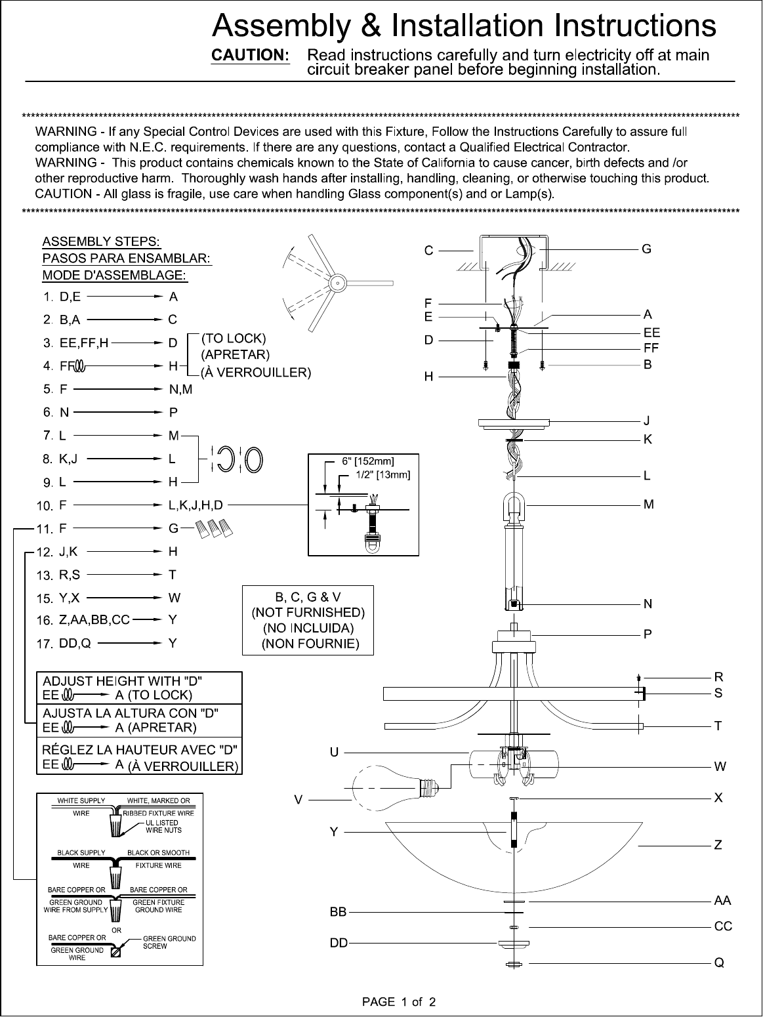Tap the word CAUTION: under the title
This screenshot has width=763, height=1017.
pos(250,55)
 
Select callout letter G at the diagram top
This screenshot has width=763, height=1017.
pos(646,249)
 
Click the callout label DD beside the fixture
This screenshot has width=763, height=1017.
pos(339,943)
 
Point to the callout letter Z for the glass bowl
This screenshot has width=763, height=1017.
pos(718,845)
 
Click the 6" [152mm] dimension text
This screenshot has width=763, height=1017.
pos(368,461)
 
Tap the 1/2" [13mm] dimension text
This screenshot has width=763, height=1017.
pos(382,475)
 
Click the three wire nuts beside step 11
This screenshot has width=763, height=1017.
pos(214,528)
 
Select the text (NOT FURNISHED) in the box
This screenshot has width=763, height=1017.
pos(308,613)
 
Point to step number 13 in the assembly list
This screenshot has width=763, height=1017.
pos(45,575)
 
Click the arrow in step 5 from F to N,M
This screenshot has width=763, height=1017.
pos(117,389)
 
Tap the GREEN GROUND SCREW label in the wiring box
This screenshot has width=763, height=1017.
pos(169,942)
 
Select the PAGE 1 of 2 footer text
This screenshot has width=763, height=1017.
pos(399,1002)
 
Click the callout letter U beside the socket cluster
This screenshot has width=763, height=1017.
pos(334,753)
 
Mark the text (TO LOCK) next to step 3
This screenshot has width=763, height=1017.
pos(234,339)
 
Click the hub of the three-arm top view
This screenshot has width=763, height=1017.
pos(338,283)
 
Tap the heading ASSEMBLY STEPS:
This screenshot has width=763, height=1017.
pos(102,242)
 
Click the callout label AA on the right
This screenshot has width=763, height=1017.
pos(722,901)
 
